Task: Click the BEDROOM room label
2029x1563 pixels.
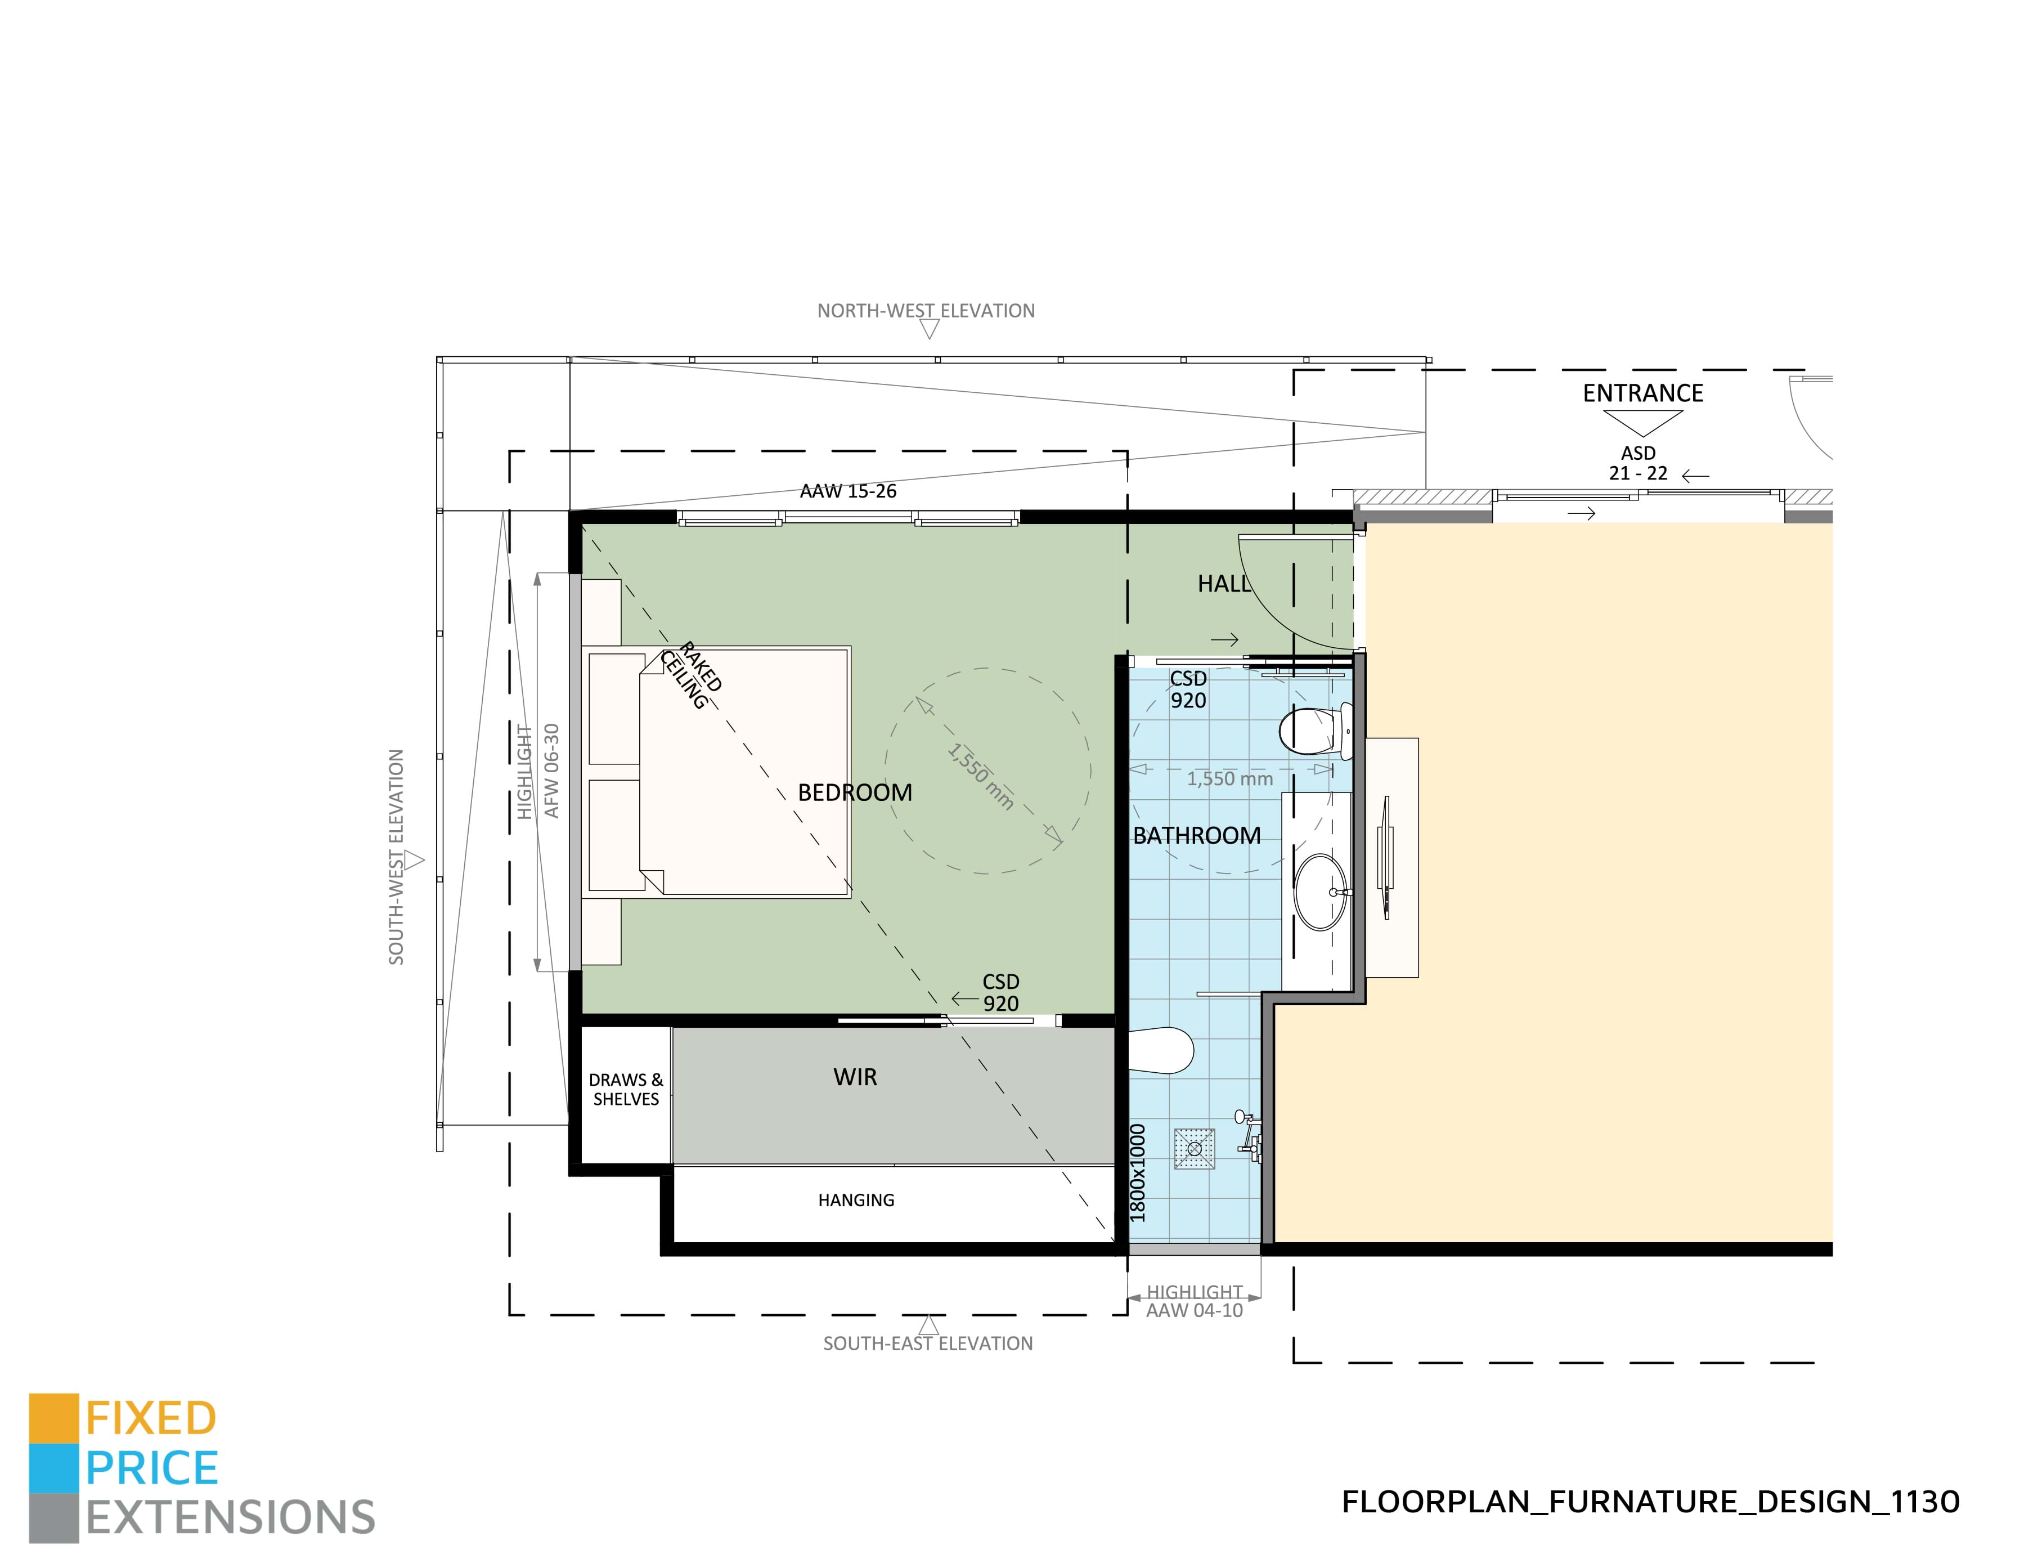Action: click(855, 792)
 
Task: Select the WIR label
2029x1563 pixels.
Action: click(855, 1077)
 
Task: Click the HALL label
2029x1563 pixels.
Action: click(1223, 584)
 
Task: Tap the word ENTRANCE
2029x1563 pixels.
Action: click(1642, 393)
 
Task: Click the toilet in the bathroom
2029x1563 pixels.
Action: click(1312, 731)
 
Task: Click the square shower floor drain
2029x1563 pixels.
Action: click(1195, 1149)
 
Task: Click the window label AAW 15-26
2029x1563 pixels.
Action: click(847, 491)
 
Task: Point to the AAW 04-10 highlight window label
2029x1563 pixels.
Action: click(1194, 1310)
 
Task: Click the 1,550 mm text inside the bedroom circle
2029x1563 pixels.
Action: click(980, 776)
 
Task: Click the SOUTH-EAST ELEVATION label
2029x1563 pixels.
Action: click(927, 1343)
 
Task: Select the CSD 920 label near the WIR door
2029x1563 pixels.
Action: click(1000, 992)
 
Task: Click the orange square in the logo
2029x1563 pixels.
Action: click(53, 1418)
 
